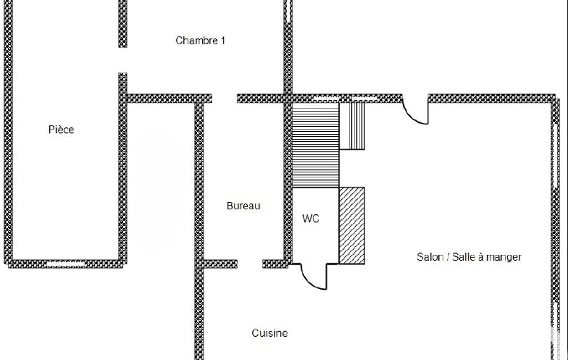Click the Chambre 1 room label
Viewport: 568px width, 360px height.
[x=200, y=40]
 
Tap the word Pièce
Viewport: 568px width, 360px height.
[x=61, y=129]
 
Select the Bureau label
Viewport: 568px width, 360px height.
[x=243, y=205]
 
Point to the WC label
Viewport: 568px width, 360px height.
[x=310, y=218]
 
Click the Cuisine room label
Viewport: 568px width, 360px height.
[x=269, y=333]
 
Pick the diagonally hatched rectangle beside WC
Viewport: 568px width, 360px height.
[x=352, y=225]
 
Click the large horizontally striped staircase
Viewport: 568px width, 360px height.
[x=315, y=145]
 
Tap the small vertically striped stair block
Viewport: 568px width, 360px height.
[x=352, y=126]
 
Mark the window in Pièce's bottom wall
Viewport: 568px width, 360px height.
[x=65, y=264]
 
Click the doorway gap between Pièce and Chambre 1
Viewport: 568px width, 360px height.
[x=123, y=60]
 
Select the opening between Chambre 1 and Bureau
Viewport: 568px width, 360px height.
[x=224, y=99]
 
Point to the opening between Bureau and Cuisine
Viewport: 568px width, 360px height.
[x=250, y=264]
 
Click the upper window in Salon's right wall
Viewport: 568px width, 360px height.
[x=555, y=156]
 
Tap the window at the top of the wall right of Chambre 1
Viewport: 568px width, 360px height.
[x=288, y=11]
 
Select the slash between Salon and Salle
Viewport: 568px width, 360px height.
[x=448, y=257]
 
